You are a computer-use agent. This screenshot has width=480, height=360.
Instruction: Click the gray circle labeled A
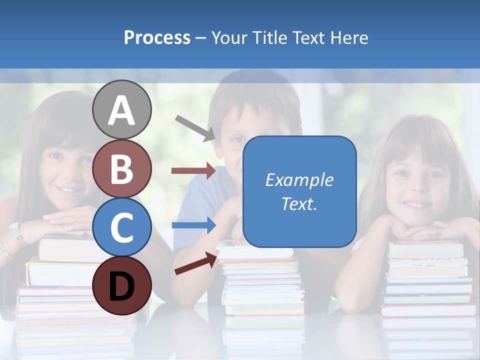121,109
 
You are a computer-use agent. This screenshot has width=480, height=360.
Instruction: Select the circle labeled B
121,168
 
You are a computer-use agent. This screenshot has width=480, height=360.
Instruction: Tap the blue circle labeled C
121,227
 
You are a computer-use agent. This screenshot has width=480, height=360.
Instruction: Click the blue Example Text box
299,191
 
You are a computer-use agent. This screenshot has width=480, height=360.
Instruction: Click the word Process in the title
157,37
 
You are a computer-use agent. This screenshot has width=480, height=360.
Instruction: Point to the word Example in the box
299,180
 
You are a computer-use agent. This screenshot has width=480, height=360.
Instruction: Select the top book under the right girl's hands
426,248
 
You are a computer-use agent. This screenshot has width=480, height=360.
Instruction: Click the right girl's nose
414,187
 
